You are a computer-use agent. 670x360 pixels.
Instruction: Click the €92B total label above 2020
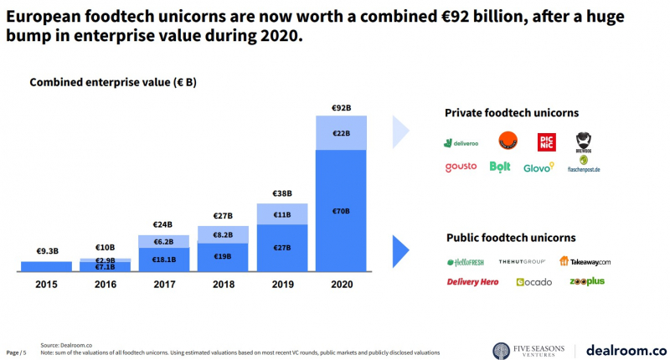click(x=341, y=108)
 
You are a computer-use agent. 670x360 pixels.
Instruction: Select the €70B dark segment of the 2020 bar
click(x=341, y=211)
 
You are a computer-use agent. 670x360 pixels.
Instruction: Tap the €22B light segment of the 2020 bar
click(x=341, y=133)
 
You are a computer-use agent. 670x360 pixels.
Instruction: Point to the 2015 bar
click(x=46, y=267)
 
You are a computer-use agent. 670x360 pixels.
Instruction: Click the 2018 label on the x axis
click(x=223, y=285)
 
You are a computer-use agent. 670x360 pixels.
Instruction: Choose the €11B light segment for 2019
click(x=282, y=215)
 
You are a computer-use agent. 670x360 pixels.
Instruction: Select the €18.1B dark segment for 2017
click(x=164, y=260)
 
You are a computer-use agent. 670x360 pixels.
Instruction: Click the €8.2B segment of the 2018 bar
click(x=223, y=235)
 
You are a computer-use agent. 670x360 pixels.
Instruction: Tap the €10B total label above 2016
click(x=106, y=248)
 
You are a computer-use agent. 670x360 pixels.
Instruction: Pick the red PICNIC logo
click(x=546, y=141)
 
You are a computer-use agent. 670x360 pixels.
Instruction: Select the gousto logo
click(x=461, y=167)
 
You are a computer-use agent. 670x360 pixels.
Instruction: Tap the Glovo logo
click(x=539, y=167)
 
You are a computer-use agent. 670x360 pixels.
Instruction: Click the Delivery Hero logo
click(x=473, y=282)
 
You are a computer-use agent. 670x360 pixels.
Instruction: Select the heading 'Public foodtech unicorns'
click(x=510, y=238)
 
